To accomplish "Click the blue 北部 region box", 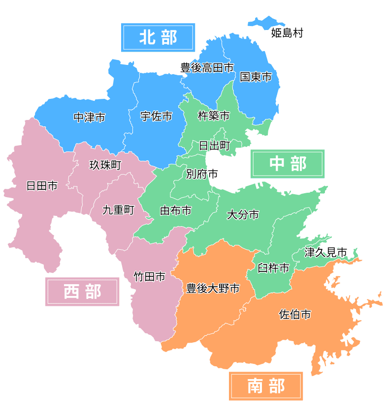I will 158,37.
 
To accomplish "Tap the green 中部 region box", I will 288,164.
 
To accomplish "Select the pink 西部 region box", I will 82,292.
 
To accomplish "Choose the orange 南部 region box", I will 266,386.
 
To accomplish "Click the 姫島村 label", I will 287,33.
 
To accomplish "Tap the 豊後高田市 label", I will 207,68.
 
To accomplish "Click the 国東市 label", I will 256,77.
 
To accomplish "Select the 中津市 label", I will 89,118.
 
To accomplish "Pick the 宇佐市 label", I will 156,116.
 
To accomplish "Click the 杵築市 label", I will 214,116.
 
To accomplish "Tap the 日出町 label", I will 214,146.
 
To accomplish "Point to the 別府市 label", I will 202,174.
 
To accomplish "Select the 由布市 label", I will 176,210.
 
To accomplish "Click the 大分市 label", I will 243,215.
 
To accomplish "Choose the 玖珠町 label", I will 105,165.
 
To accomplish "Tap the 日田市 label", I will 42,186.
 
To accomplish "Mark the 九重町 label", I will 118,210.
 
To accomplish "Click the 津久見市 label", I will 325,252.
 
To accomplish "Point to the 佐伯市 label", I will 295,314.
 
